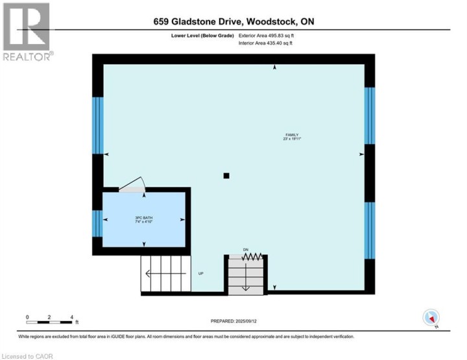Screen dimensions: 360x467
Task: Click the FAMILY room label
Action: tap(283, 134)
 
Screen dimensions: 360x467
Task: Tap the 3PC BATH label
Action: tap(143, 218)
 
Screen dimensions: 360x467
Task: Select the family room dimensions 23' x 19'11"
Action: tap(283, 139)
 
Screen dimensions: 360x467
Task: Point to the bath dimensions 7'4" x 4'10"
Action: tap(143, 222)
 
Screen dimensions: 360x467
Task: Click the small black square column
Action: tap(226, 175)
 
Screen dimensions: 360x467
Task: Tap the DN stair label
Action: tap(246, 250)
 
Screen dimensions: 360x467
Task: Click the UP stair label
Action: tap(201, 273)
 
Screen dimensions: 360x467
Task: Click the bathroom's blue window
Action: tap(97, 223)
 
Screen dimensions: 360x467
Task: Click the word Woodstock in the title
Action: tap(269, 21)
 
